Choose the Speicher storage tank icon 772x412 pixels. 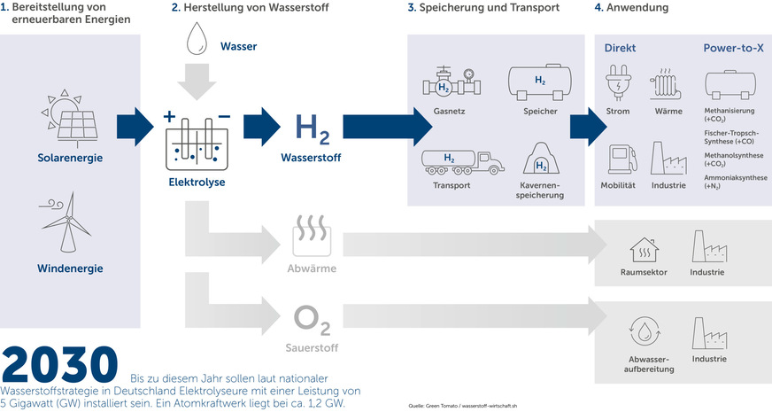(x=539, y=82)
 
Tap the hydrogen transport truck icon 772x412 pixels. (x=462, y=160)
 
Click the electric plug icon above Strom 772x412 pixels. (x=618, y=86)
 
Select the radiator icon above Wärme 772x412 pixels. (x=668, y=86)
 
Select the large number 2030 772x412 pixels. (x=59, y=365)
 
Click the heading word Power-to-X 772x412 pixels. (x=733, y=47)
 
